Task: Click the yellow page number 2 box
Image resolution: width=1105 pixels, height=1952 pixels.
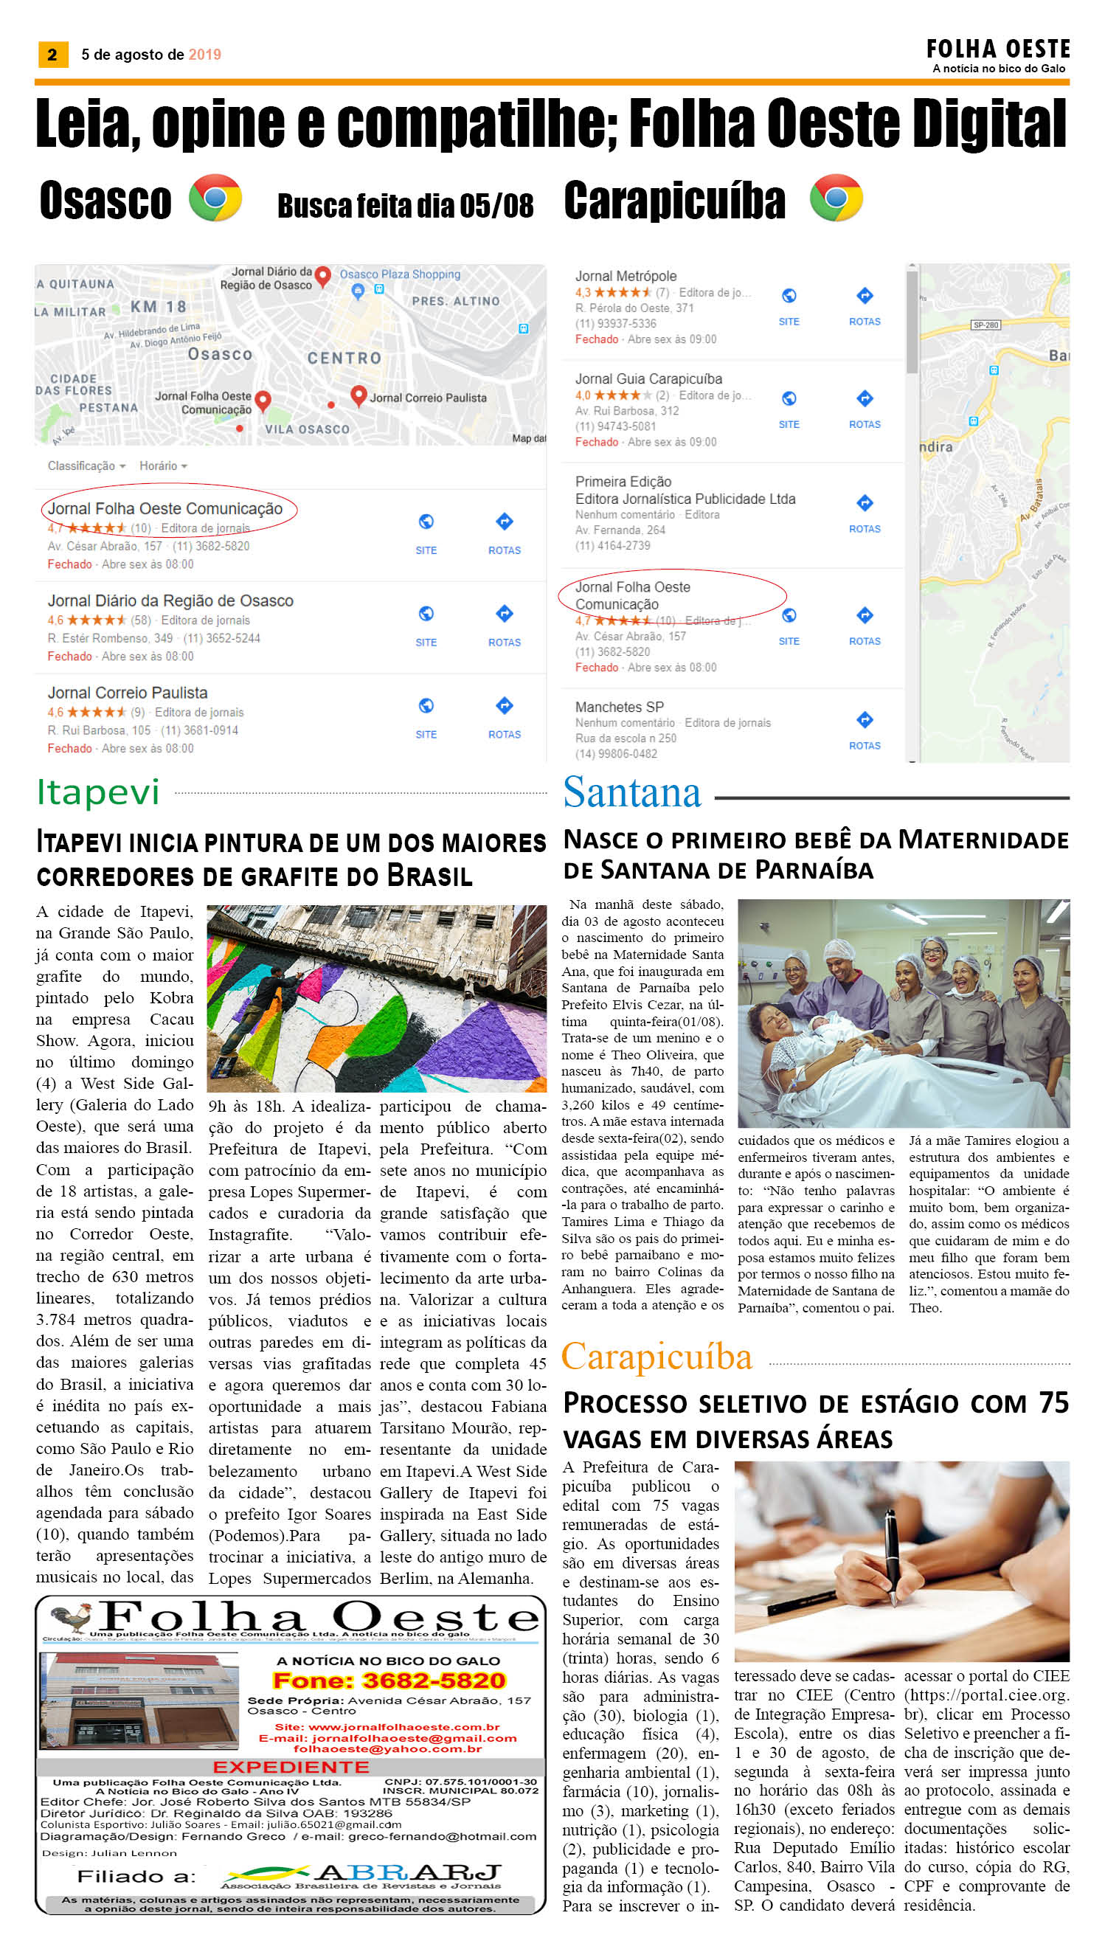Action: (x=52, y=55)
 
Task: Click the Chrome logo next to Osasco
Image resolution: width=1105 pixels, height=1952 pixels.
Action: (x=215, y=198)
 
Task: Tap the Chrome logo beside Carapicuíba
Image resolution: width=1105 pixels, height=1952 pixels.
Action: (x=836, y=198)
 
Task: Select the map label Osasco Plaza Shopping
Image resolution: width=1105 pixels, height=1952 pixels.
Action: (x=399, y=274)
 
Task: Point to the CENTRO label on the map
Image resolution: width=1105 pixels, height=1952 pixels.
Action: (x=344, y=359)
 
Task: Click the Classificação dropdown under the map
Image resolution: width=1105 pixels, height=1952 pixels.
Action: (x=86, y=466)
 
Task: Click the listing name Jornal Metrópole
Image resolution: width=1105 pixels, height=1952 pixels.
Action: (x=626, y=276)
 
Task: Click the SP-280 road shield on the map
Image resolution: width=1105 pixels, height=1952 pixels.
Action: (x=985, y=325)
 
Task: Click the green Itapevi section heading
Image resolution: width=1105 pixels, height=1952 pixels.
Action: (x=98, y=792)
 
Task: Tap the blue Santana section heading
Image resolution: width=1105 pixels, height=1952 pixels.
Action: (x=631, y=792)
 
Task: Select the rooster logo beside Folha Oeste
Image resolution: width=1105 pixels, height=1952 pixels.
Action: (x=72, y=1616)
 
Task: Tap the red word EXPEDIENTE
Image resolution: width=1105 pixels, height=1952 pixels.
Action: (x=291, y=1767)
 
